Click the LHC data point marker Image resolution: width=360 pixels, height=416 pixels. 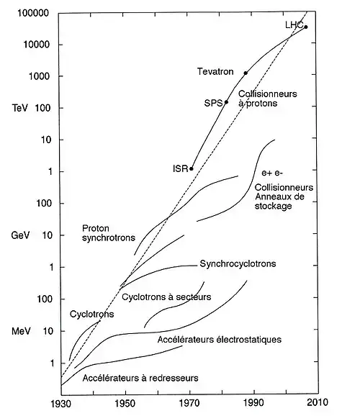(x=306, y=27)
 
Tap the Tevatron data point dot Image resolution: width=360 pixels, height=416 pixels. (x=246, y=73)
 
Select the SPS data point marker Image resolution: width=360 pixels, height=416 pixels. (x=227, y=102)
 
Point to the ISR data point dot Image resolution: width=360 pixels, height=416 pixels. (x=191, y=168)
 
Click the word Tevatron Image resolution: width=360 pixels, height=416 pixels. (x=215, y=72)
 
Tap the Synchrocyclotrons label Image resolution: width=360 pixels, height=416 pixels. (x=238, y=263)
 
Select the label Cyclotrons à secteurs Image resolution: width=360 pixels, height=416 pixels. (x=166, y=297)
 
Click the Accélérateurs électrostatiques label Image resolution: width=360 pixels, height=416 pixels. (x=220, y=340)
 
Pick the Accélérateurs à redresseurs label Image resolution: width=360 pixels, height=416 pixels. (x=140, y=378)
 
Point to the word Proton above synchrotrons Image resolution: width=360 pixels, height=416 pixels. (x=96, y=228)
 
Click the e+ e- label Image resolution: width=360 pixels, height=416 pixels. (x=272, y=173)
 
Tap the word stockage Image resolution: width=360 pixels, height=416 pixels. (x=273, y=206)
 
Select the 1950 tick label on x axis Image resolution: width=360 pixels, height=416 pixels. (x=125, y=404)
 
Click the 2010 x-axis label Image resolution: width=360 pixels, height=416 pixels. (x=318, y=402)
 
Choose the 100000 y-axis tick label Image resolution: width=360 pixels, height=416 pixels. (x=33, y=13)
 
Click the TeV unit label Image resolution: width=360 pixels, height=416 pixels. (x=19, y=108)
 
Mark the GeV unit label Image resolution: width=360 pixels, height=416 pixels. (x=20, y=235)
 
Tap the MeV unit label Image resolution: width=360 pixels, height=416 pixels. (x=21, y=331)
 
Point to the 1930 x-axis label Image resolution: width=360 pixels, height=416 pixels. (x=60, y=404)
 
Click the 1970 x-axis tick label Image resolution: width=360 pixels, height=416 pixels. (x=189, y=403)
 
